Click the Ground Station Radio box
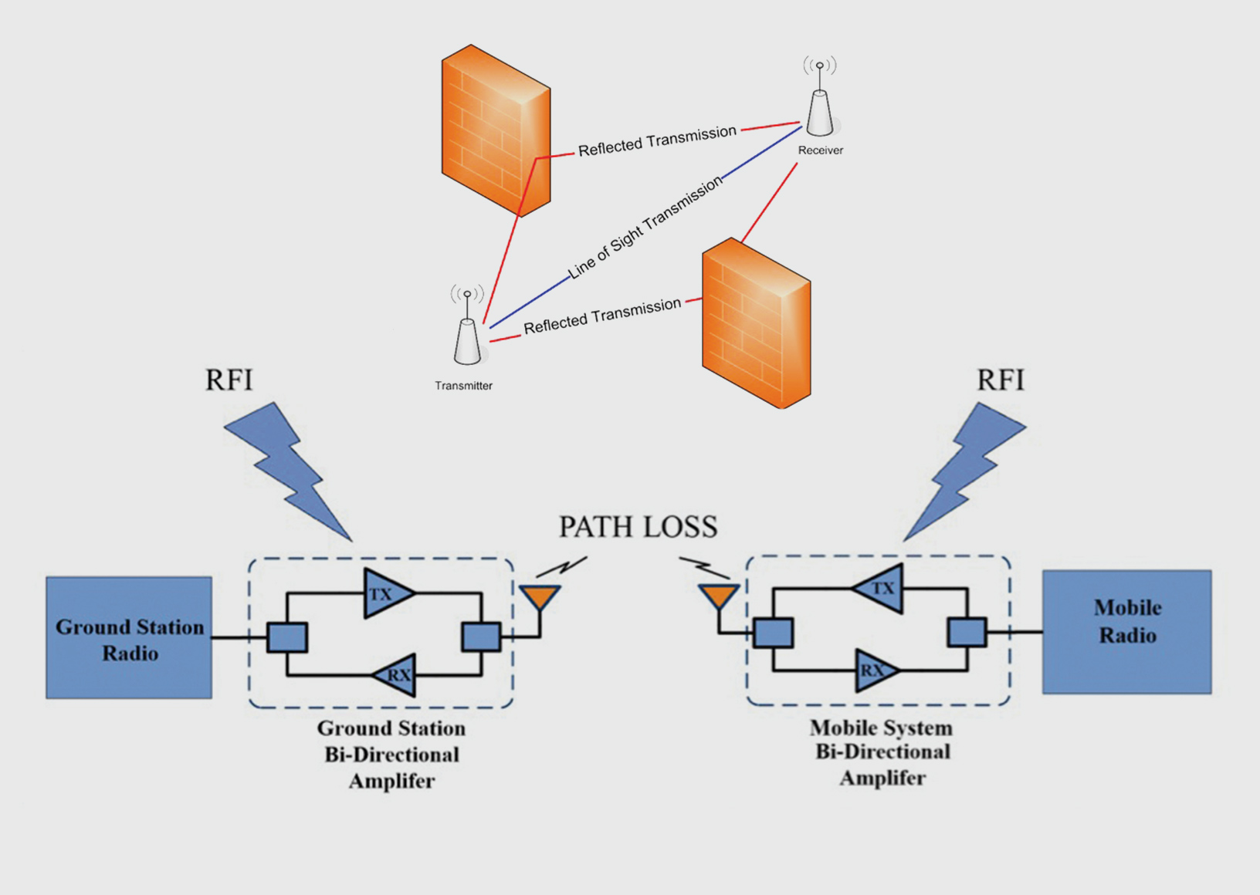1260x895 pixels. [x=129, y=637]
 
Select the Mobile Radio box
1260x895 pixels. [x=1126, y=632]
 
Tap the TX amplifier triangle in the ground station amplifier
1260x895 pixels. [x=386, y=593]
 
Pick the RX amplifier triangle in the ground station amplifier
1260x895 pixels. [x=396, y=675]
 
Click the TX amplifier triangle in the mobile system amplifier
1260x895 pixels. [x=881, y=589]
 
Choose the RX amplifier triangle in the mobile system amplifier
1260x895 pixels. [x=875, y=670]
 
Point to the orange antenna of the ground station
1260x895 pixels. [x=540, y=597]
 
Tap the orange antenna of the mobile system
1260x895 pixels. [x=719, y=596]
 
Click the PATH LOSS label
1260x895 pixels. [x=638, y=527]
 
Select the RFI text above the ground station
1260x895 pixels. [x=229, y=380]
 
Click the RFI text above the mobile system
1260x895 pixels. [x=1001, y=380]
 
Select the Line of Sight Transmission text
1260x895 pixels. [x=645, y=228]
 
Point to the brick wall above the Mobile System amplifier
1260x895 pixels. [x=756, y=324]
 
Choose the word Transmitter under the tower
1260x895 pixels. [x=463, y=386]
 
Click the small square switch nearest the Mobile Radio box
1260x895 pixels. [x=967, y=632]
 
